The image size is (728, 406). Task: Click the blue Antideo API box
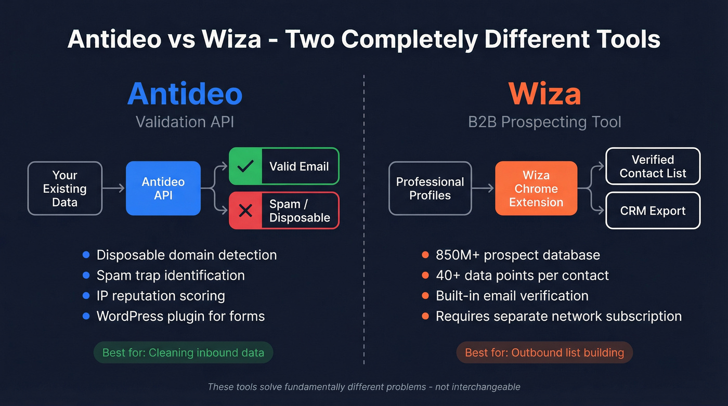[x=163, y=188]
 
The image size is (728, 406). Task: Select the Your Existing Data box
[x=64, y=188]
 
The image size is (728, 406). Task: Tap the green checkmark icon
[x=245, y=166]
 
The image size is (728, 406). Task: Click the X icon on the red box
[x=245, y=211]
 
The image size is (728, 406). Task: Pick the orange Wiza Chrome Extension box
[x=536, y=188]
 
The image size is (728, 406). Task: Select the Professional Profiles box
[x=430, y=188]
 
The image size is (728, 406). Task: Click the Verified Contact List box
[x=653, y=166]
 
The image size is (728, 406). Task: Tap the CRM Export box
[x=653, y=211]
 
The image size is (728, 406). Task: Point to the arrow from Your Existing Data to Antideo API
[x=114, y=188]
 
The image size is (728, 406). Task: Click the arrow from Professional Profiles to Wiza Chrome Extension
[x=483, y=188]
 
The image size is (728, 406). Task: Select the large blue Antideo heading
[x=185, y=94]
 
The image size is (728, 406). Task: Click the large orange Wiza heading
[x=544, y=94]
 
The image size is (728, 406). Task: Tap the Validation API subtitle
[x=185, y=122]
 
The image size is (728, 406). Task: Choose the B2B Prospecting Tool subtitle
[x=544, y=122]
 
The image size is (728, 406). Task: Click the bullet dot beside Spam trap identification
[x=86, y=276]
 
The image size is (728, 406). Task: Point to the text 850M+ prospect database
[x=518, y=255]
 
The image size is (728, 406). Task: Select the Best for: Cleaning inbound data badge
[x=183, y=352]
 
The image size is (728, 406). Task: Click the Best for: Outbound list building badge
[x=544, y=352]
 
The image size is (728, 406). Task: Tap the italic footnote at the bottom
[x=363, y=387]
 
